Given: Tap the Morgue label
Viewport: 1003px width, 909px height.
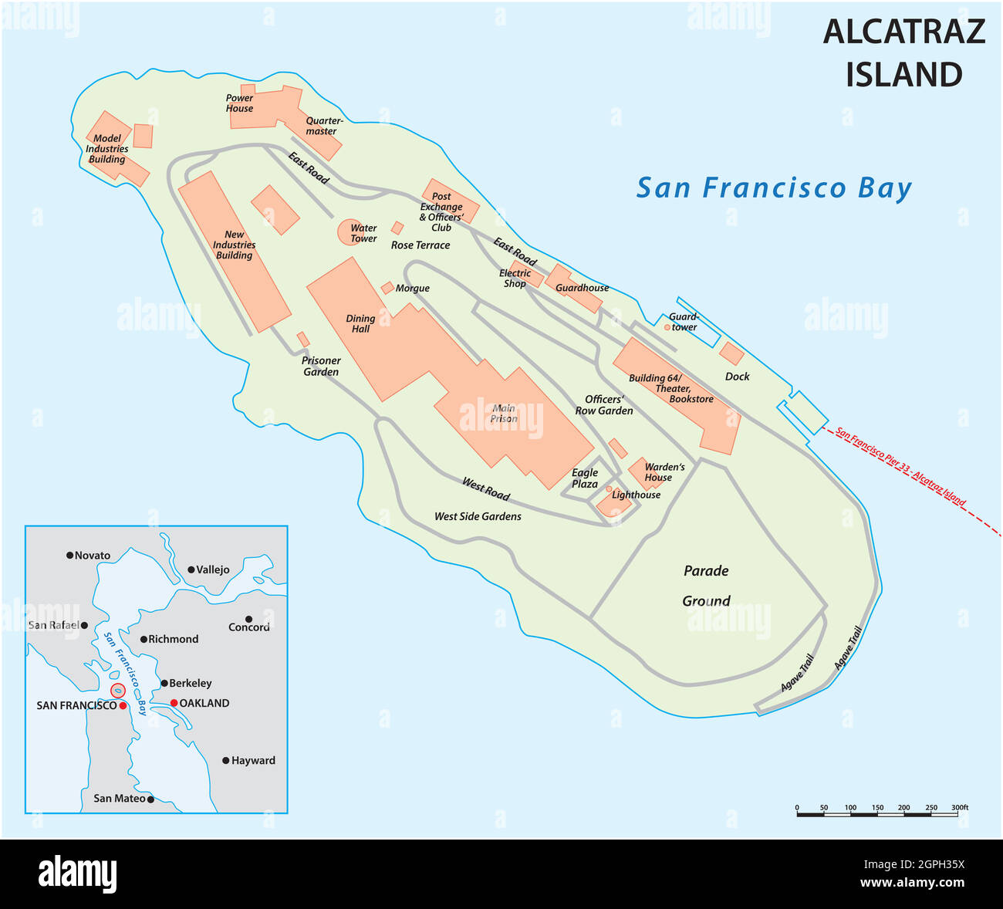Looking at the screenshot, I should (x=412, y=289).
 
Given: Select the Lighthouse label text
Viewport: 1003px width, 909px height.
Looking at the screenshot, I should (x=636, y=495).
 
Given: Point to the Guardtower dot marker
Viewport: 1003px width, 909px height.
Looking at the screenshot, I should (x=667, y=327).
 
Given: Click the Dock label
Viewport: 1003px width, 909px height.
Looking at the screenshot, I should (x=737, y=377).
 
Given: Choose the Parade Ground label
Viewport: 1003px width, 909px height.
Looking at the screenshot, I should (x=706, y=586).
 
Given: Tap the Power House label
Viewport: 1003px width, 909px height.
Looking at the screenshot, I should (x=239, y=103).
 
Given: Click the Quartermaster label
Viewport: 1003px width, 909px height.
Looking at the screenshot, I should (x=324, y=127).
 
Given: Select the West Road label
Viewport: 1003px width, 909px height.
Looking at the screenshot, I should (x=486, y=489).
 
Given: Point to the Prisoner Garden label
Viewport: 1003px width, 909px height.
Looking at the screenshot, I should (x=321, y=367).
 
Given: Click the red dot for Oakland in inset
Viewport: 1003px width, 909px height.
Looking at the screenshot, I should (x=174, y=703).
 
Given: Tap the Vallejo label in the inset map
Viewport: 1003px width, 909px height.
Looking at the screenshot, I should (x=212, y=569).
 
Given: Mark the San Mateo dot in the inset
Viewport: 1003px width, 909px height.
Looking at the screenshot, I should (x=150, y=799).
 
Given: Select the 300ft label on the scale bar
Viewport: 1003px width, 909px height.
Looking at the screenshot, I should (x=959, y=808).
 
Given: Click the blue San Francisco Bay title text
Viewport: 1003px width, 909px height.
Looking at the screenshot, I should (x=773, y=188).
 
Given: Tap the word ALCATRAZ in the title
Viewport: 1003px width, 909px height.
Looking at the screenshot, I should (x=903, y=32).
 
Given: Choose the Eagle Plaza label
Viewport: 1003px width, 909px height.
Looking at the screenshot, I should (x=585, y=478).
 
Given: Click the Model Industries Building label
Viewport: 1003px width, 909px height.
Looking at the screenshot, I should (x=107, y=149).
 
